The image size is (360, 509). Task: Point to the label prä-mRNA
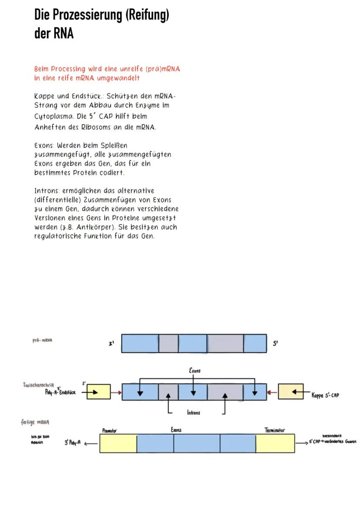point(43,341)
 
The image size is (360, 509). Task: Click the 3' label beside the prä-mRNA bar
point(111,343)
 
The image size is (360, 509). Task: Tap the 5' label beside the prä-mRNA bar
point(276,343)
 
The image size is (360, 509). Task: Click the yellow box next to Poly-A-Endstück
point(98,392)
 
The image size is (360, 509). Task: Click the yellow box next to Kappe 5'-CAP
point(291,392)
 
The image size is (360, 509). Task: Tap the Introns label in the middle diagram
point(193,413)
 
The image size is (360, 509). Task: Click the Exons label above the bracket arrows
point(194,371)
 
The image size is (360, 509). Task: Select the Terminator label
point(274,430)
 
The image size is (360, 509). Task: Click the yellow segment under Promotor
point(118,443)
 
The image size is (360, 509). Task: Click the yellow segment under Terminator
point(275,443)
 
